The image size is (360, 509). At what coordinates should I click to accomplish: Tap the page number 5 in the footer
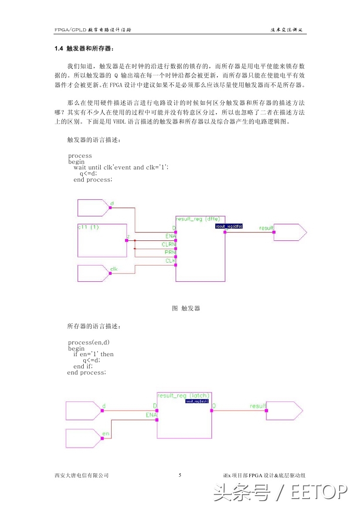pyautogui.click(x=180, y=475)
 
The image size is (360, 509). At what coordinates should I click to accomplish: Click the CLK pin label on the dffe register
pyautogui.click(x=170, y=261)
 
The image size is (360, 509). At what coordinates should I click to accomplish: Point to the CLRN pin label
pyautogui.click(x=168, y=244)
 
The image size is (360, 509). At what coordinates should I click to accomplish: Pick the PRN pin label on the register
pyautogui.click(x=170, y=252)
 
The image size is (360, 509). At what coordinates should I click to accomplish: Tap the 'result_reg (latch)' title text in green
pyautogui.click(x=183, y=395)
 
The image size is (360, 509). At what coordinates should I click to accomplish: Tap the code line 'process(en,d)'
pyautogui.click(x=88, y=342)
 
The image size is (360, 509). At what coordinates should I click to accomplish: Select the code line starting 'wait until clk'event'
pyautogui.click(x=121, y=167)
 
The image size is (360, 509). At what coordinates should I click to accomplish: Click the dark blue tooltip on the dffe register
pyautogui.click(x=229, y=226)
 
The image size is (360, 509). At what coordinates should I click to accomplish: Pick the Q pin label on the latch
pyautogui.click(x=214, y=406)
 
